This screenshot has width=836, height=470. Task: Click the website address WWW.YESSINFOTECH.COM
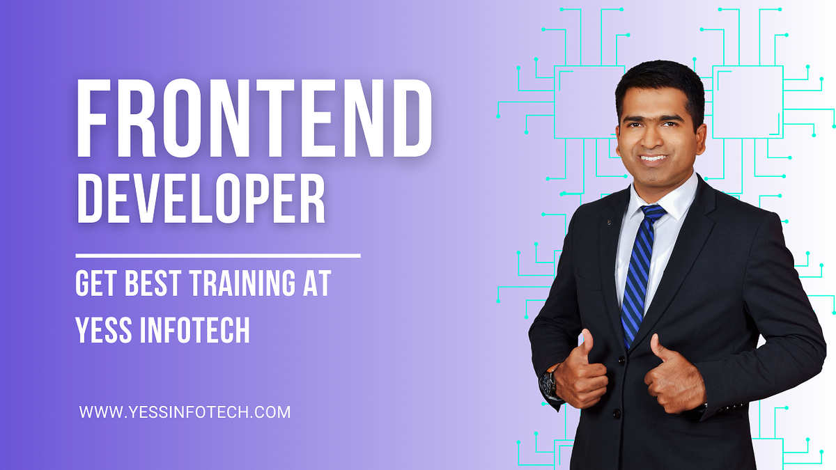(185, 412)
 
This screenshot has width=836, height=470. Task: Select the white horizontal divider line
(217, 256)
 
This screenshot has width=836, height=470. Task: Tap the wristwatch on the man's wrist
(549, 382)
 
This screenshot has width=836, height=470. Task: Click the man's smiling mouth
(653, 157)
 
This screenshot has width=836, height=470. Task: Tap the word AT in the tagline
(315, 285)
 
